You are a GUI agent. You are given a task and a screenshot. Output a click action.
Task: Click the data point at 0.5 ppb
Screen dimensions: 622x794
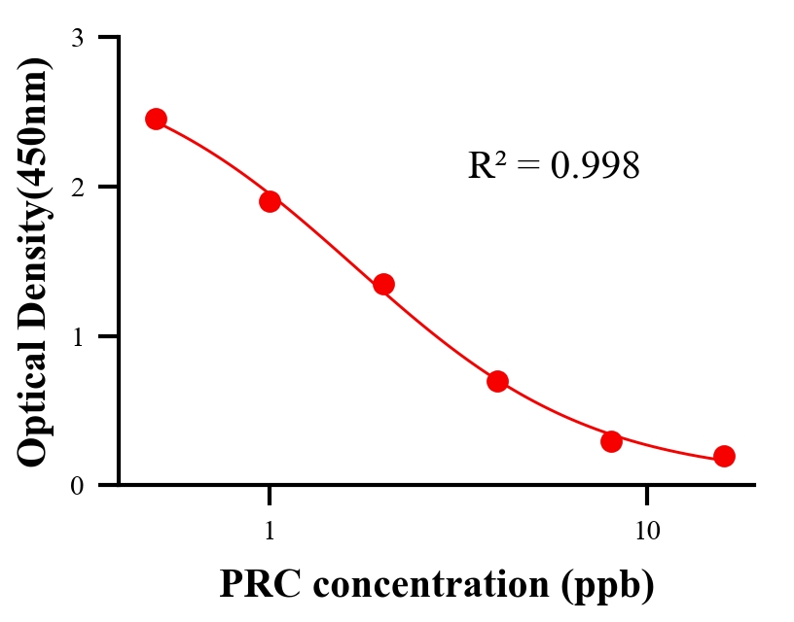(156, 119)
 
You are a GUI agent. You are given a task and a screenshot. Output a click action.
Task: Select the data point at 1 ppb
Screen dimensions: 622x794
(270, 201)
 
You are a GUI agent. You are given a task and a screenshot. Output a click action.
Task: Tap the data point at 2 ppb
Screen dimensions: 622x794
(383, 284)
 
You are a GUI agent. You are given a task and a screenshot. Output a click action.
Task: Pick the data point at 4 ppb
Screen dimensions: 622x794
(497, 381)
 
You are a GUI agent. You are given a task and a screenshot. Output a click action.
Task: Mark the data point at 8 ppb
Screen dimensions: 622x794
(611, 441)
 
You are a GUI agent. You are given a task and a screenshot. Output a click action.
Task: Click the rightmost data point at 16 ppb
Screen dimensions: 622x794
(724, 456)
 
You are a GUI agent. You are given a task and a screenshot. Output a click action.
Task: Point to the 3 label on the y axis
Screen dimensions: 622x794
(77, 38)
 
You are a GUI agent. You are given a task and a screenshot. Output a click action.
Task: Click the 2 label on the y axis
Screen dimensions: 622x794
(77, 187)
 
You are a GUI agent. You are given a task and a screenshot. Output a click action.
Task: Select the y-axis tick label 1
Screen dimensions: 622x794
(77, 336)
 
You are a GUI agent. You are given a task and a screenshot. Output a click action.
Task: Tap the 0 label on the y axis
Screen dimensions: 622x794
(77, 485)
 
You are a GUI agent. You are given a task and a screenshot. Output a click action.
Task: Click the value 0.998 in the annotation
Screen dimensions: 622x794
(595, 166)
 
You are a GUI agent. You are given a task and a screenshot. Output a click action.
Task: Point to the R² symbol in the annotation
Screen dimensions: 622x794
(486, 165)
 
